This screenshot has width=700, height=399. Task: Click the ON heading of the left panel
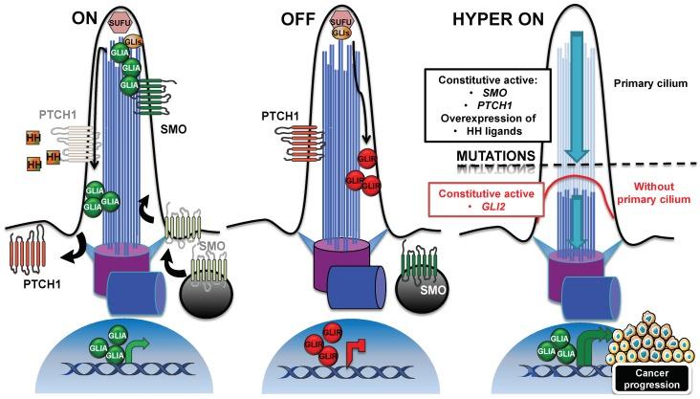coord(91,17)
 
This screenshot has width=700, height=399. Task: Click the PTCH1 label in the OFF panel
coord(282,115)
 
